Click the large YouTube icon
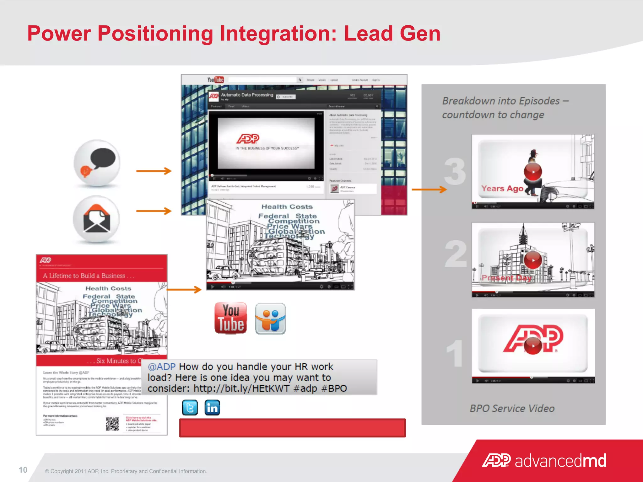[231, 318]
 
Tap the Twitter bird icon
[190, 407]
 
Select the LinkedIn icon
[212, 407]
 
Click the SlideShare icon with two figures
[270, 319]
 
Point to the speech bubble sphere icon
[97, 163]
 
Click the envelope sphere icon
[96, 219]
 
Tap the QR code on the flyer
[112, 424]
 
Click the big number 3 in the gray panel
[455, 172]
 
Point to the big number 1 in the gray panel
[455, 354]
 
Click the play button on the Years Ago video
[533, 172]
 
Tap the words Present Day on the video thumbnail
[506, 278]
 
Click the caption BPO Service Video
[512, 408]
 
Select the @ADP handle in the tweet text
[161, 367]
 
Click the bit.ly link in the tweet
[241, 388]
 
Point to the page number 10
[23, 470]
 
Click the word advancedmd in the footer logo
[560, 461]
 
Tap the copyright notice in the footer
[126, 471]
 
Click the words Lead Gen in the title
[392, 33]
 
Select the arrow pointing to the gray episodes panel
[429, 189]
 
